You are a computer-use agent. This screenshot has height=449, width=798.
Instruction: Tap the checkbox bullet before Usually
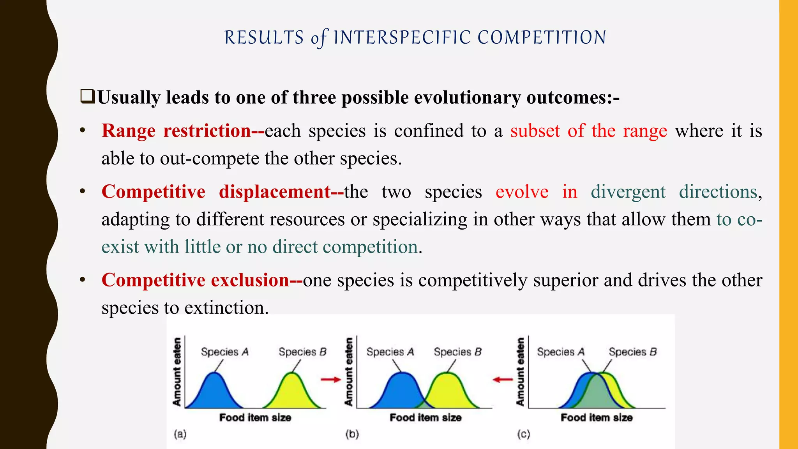click(x=87, y=97)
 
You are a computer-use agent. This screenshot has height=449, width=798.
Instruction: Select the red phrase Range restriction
click(x=176, y=131)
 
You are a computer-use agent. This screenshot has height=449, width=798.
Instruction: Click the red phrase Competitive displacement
click(x=216, y=192)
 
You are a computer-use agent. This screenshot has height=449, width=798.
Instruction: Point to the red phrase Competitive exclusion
click(x=195, y=280)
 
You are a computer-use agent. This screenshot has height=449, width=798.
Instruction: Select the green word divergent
click(x=628, y=192)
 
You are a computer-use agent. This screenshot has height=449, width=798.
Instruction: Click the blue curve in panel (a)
click(x=214, y=392)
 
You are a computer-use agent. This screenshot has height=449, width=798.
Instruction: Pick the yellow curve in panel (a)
click(x=293, y=392)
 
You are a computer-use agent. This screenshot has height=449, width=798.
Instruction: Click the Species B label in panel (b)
click(x=457, y=352)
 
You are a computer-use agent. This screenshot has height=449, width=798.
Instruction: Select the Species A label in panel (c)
click(x=560, y=352)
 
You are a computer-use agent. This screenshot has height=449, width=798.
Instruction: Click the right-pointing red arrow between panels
click(x=331, y=379)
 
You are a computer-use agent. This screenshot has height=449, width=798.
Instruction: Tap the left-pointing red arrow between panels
click(x=503, y=379)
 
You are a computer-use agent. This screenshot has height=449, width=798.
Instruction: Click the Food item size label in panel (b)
click(x=425, y=418)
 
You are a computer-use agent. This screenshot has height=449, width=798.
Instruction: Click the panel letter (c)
click(x=523, y=434)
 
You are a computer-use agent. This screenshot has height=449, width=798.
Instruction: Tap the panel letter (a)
click(x=180, y=434)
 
